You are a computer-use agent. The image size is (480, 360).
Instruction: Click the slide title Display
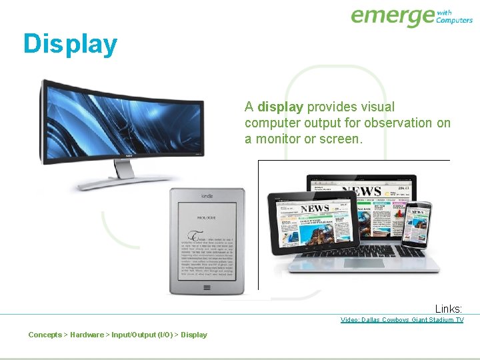tap(70, 44)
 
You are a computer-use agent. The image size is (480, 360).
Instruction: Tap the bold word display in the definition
tap(281, 107)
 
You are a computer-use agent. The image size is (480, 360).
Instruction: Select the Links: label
tap(449, 309)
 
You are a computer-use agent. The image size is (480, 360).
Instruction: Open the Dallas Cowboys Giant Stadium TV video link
tap(401, 320)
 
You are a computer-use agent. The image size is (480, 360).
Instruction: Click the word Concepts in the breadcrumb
tap(45, 335)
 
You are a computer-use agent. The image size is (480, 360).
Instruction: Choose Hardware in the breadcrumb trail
tap(87, 335)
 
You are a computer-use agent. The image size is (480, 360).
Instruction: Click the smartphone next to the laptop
tap(417, 223)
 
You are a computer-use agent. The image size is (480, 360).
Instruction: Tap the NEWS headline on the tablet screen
tap(314, 209)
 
